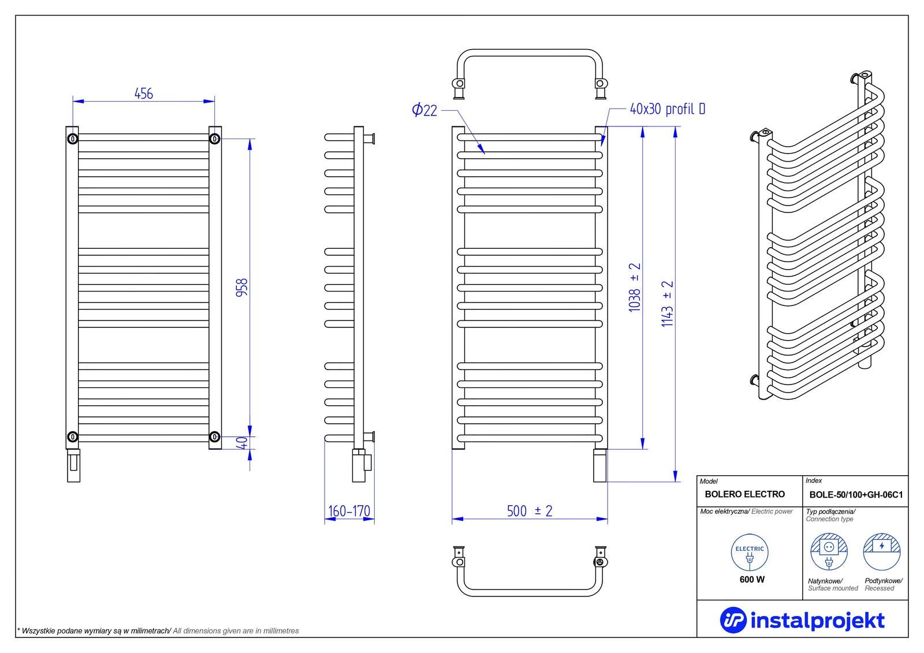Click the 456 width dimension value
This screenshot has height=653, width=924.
click(x=144, y=94)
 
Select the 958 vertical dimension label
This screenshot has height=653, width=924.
click(x=241, y=287)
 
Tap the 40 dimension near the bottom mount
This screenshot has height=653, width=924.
click(x=242, y=443)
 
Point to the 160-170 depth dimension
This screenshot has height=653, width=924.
click(x=349, y=511)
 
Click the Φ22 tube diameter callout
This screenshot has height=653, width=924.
click(x=424, y=110)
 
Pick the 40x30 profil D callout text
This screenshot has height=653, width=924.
click(x=667, y=109)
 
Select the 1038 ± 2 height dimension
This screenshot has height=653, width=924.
click(x=635, y=287)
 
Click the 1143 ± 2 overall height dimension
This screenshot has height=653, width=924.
click(x=668, y=304)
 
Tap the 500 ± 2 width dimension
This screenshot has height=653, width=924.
click(x=530, y=511)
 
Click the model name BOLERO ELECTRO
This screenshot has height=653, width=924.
click(x=744, y=494)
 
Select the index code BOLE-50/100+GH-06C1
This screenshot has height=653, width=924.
click(x=856, y=495)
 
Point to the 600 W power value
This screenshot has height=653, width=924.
click(x=752, y=579)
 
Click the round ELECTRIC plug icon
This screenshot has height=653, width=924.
click(x=750, y=553)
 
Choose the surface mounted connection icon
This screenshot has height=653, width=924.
click(x=829, y=551)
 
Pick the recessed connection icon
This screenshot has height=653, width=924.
click(x=882, y=551)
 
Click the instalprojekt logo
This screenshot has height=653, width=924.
click(x=802, y=620)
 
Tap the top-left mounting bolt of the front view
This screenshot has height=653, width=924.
click(x=73, y=139)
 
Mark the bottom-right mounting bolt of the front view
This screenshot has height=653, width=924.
click(x=214, y=437)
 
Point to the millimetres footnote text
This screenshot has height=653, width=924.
click(x=158, y=631)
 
